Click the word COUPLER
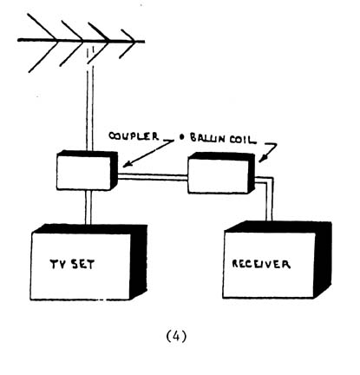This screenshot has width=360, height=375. point(134,136)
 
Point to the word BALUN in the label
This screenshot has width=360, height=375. point(207,138)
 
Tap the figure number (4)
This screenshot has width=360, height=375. point(177,336)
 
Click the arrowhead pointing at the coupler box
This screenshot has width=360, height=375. point(127,164)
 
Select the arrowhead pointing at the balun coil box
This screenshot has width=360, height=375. point(261,159)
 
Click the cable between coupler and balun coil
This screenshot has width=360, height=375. point(153,177)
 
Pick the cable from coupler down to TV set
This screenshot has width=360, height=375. point(88,207)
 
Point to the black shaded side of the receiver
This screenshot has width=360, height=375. point(324,259)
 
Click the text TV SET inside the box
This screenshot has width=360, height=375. point(72,264)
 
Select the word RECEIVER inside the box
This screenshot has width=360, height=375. point(261,264)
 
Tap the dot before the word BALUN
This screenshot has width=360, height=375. point(181,137)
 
